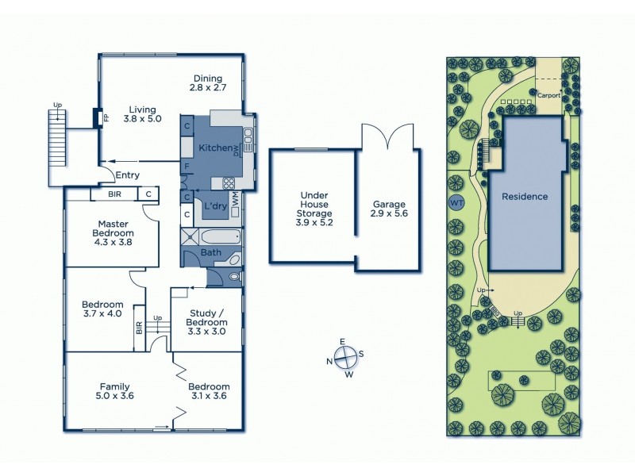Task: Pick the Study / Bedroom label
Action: (x=206, y=317)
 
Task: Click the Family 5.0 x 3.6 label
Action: (x=115, y=392)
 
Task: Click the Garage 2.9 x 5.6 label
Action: (x=389, y=209)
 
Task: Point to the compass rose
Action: (x=346, y=358)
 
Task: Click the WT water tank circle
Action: (x=456, y=203)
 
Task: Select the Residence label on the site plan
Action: (x=524, y=196)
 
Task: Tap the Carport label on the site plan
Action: (x=548, y=94)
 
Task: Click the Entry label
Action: (x=128, y=175)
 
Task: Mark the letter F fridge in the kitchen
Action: (x=186, y=167)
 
